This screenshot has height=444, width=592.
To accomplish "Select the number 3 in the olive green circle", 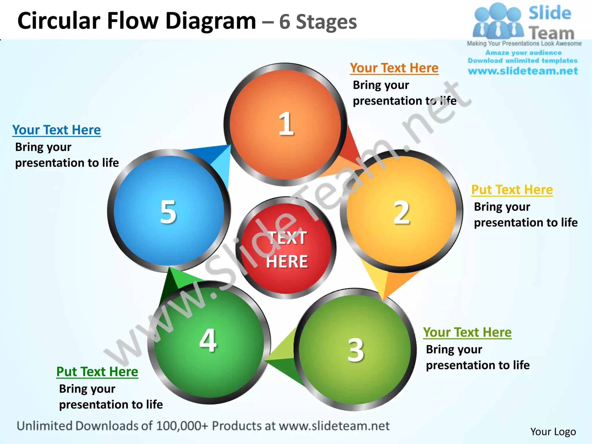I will [x=356, y=350].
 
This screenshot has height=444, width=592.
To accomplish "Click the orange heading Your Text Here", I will [x=394, y=68].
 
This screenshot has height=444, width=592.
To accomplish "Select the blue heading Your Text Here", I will [x=56, y=130].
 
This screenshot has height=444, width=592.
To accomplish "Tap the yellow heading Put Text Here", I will [x=512, y=190].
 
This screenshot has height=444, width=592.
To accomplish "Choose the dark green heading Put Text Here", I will [x=97, y=372].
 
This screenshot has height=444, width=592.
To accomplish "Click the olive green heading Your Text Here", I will [x=467, y=332].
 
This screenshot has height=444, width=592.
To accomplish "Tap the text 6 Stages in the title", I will [x=318, y=22].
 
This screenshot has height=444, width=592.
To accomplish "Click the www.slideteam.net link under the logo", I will [x=523, y=71].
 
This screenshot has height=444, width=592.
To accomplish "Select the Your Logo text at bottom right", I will [x=553, y=432].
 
